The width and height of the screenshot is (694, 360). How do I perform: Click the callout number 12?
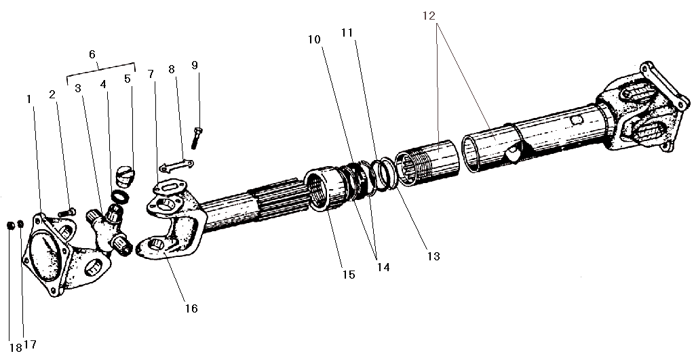pos(429,16)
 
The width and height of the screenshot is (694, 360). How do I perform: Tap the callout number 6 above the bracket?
pos(92,54)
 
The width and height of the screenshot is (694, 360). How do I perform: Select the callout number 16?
pos(191,308)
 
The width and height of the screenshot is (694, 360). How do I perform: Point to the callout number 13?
pos(433,256)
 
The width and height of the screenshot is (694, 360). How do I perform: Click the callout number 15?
pos(349,275)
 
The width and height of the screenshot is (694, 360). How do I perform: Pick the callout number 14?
pos(383,267)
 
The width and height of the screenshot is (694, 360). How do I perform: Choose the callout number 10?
pos(314,39)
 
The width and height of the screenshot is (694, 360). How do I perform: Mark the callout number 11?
pos(347,33)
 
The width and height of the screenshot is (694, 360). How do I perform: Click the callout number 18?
pos(16,348)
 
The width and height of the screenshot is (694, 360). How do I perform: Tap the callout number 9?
pos(195,65)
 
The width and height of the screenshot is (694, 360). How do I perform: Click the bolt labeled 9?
pos(196,138)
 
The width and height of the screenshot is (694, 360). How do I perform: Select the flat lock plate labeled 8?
pos(176,166)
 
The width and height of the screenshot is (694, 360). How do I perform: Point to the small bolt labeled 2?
pos(67,213)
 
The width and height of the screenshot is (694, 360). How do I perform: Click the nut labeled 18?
pos(12,226)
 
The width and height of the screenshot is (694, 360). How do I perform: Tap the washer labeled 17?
pos(20,224)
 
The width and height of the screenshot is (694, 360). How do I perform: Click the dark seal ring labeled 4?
pos(120,196)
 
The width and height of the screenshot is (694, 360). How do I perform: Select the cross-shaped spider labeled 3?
pos(109,230)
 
